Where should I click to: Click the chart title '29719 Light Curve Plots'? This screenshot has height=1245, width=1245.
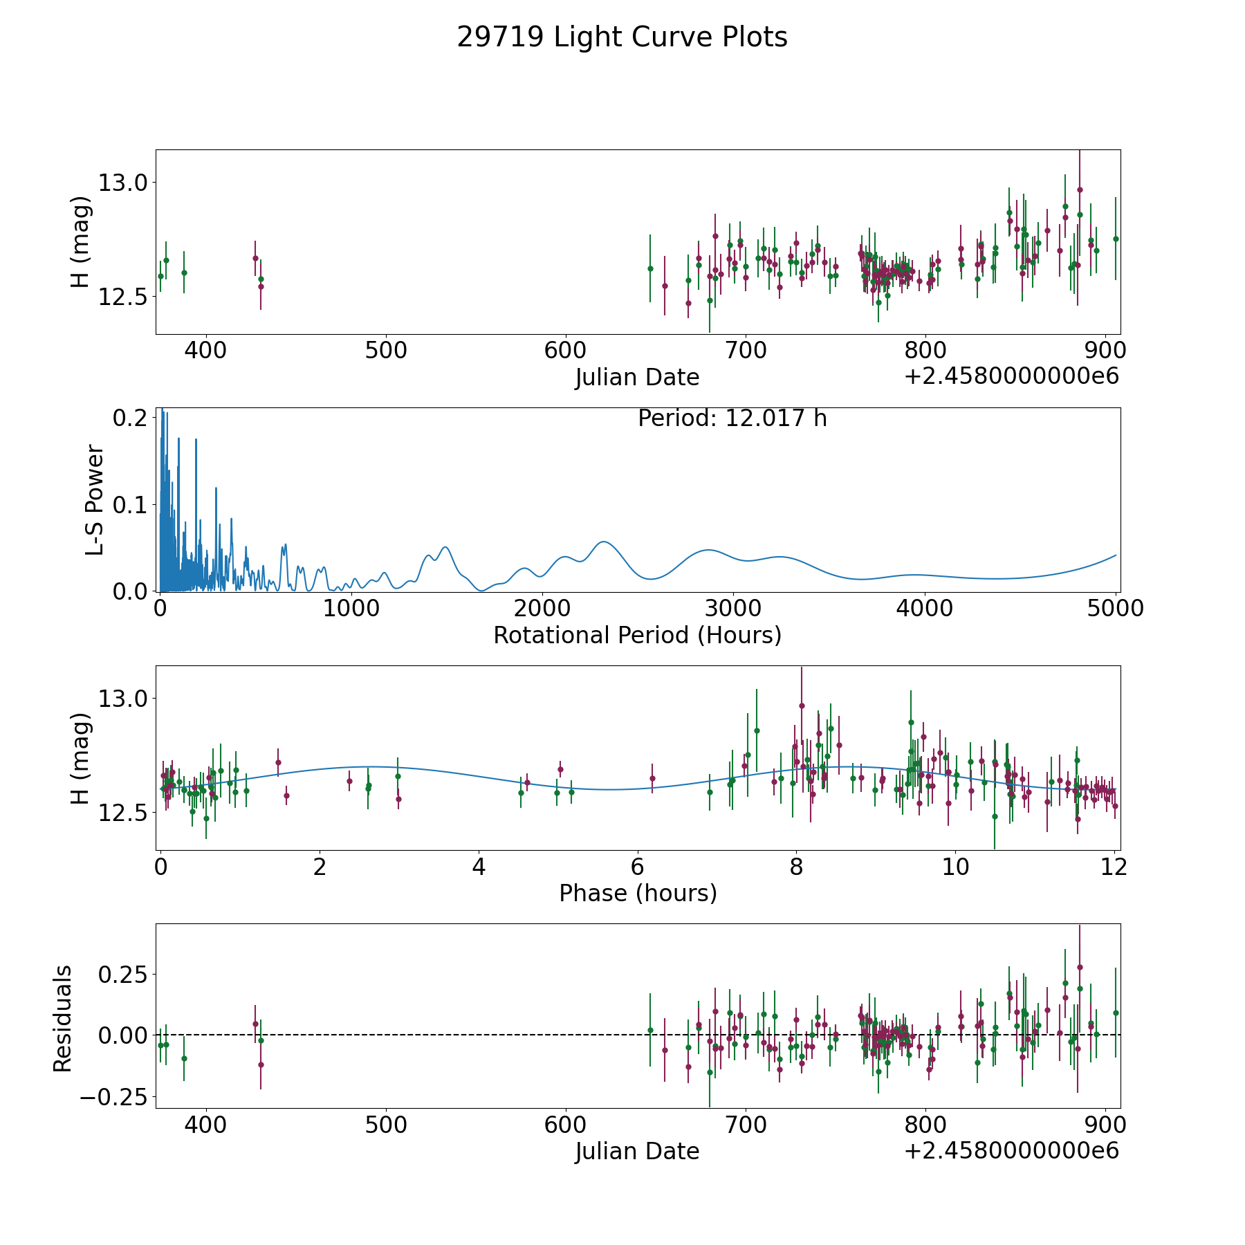(x=622, y=37)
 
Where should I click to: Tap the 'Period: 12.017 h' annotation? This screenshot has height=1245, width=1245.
(x=732, y=418)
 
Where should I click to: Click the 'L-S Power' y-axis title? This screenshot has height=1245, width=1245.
(x=95, y=500)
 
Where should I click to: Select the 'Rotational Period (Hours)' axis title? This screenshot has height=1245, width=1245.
(x=637, y=635)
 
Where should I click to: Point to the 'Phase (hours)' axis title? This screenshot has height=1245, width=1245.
(x=638, y=893)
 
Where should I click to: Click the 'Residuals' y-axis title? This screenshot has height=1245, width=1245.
(x=62, y=1019)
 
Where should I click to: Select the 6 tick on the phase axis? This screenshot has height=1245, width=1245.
(x=638, y=867)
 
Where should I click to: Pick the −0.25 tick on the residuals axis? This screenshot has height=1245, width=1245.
(x=113, y=1097)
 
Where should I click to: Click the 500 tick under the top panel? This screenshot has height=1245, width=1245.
(x=386, y=351)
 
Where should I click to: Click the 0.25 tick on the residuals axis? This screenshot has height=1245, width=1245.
(x=122, y=975)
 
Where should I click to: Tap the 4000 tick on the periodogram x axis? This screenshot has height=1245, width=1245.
(x=923, y=609)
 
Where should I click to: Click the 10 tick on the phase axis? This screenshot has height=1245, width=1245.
(x=956, y=867)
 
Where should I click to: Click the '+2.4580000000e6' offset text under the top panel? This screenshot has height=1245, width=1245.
(x=1011, y=377)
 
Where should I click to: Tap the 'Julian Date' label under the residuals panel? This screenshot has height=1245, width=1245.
(x=637, y=1152)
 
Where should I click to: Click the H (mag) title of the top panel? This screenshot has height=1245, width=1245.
(x=80, y=242)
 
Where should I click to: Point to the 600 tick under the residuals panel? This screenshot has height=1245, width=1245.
(x=566, y=1125)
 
